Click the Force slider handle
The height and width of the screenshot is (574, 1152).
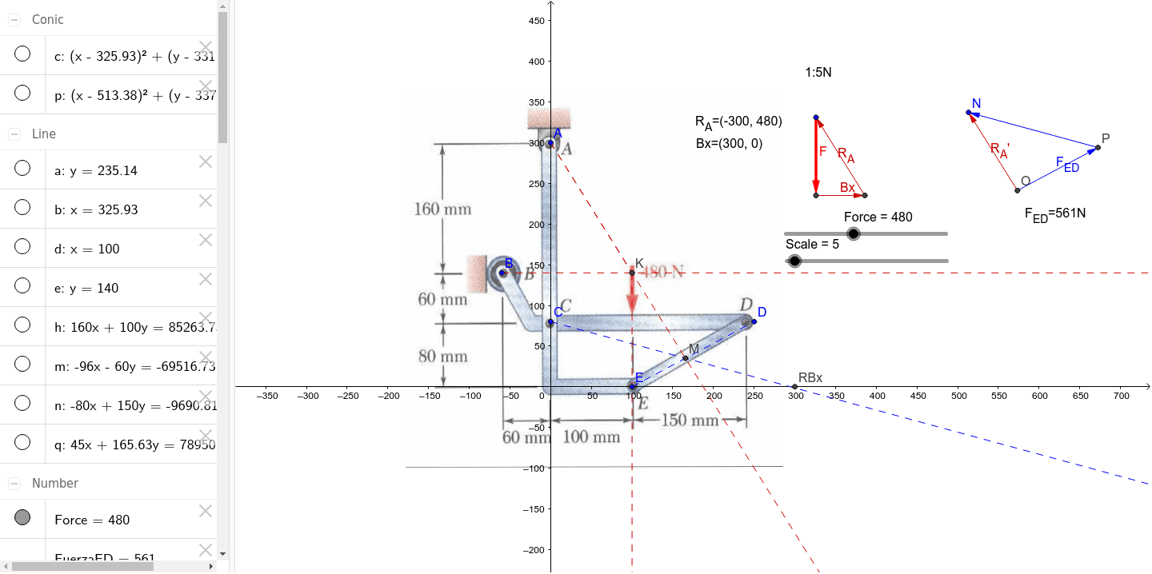[854, 233]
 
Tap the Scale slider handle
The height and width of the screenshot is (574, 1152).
[794, 261]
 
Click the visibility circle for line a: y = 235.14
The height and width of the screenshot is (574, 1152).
[22, 168]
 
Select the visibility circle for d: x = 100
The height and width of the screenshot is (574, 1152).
[22, 246]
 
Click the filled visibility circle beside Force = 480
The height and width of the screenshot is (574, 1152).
[22, 517]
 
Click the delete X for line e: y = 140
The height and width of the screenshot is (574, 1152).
[206, 279]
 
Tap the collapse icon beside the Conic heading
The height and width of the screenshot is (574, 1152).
[14, 19]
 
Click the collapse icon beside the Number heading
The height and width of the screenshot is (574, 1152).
[14, 483]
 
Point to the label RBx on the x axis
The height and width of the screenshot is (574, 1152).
[810, 378]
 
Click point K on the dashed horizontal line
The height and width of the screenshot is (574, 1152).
[632, 273]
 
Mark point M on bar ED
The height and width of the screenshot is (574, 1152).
[686, 357]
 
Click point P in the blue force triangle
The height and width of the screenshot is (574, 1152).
[1098, 147]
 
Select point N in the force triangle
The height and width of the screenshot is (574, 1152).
[969, 113]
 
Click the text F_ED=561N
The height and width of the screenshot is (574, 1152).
[1054, 214]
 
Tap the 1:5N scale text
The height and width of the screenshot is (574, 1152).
[818, 73]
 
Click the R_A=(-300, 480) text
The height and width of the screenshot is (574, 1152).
[738, 122]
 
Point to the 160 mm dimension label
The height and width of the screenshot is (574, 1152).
[442, 209]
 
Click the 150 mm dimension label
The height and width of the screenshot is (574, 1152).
[690, 421]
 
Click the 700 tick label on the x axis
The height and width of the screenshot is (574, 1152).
[1121, 396]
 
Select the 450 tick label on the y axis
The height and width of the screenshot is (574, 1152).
[536, 20]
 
